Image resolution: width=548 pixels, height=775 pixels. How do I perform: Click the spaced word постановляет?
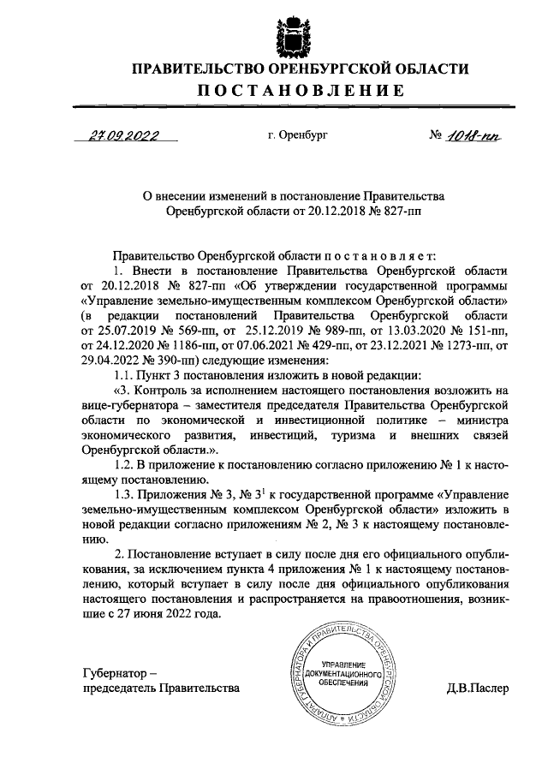380,255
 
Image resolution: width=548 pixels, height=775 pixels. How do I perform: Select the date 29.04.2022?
112,360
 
